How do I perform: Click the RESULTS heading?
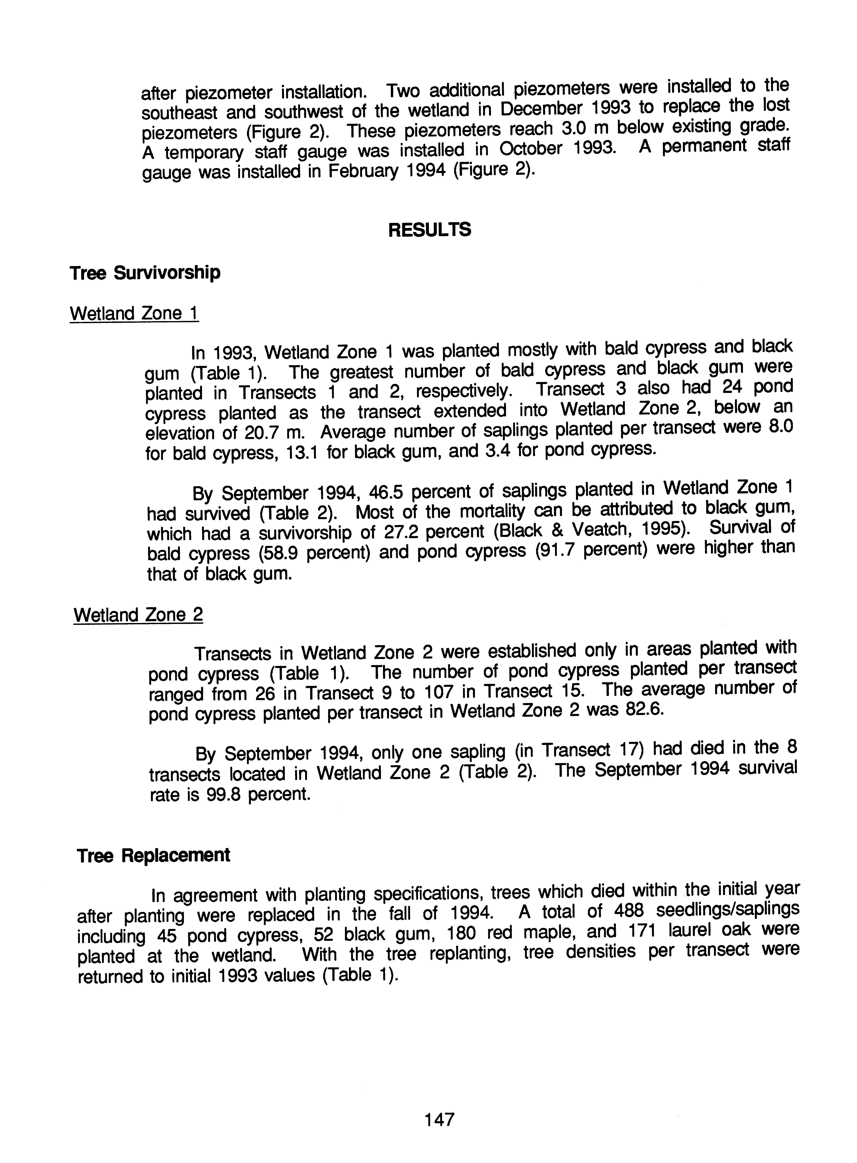pyautogui.click(x=430, y=229)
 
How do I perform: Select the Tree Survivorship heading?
pyautogui.click(x=145, y=272)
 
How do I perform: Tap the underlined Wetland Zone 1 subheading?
pyautogui.click(x=134, y=313)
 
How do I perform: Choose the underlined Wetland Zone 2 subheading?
pyautogui.click(x=138, y=615)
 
